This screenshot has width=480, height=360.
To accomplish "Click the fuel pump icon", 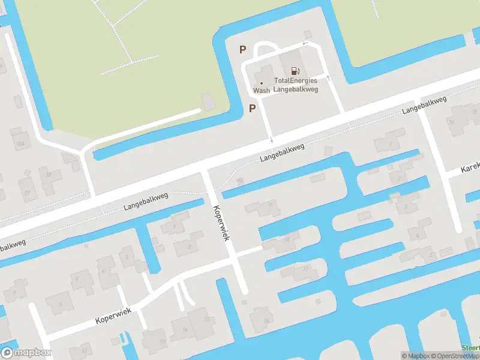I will click(x=295, y=71).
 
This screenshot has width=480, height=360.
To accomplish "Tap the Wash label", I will click(x=261, y=90).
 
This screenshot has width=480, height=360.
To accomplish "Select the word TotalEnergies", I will click(x=296, y=80).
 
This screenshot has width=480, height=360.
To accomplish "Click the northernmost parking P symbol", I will click(x=242, y=50).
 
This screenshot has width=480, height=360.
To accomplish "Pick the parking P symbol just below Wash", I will click(x=253, y=109).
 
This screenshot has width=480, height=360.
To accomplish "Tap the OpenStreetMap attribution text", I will click(x=455, y=356).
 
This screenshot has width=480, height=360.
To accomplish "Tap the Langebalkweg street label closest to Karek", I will click(x=425, y=105).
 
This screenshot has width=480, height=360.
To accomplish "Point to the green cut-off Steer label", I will click(x=471, y=347).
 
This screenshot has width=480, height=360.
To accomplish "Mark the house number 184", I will click(x=21, y=145).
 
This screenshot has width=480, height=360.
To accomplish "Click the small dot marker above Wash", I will click(x=261, y=83).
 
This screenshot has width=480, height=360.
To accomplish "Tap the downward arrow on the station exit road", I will click(x=271, y=140).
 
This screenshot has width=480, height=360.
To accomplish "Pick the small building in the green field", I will click(x=208, y=101).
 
